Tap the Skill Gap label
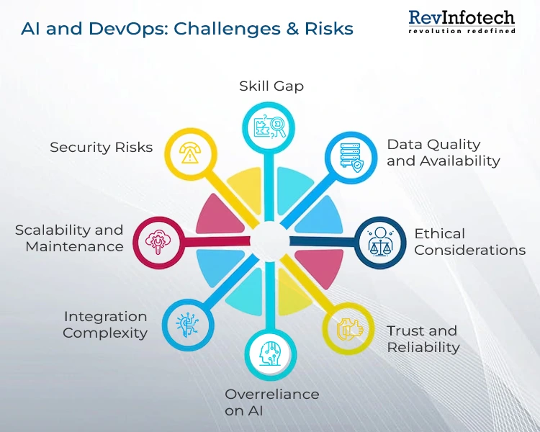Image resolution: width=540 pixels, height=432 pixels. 271,86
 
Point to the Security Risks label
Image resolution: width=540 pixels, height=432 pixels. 102,148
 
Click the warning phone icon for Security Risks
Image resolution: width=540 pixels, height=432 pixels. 189,152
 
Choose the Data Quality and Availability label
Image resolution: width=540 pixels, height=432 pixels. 443,153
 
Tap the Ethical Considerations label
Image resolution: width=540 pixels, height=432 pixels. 469,242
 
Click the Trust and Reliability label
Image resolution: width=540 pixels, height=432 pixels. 423,338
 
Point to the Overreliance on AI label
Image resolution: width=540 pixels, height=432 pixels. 271,402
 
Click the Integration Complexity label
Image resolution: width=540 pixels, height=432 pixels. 105,325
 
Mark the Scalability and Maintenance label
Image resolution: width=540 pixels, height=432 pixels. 70,238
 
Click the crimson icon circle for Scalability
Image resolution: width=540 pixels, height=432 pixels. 156,238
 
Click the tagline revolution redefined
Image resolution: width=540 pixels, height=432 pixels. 462,31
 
